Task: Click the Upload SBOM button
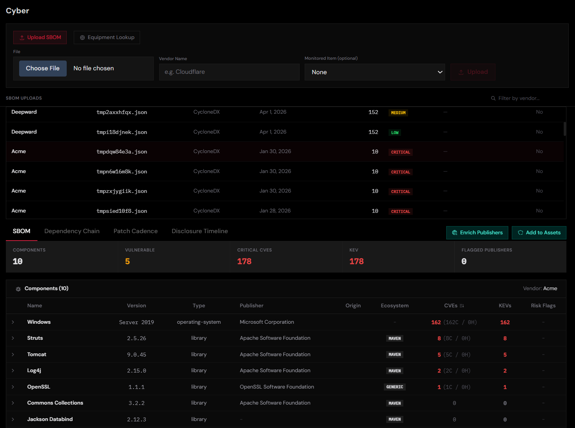(x=40, y=37)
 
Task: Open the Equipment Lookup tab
(x=107, y=37)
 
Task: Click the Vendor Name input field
(x=229, y=72)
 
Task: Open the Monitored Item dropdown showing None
(x=374, y=72)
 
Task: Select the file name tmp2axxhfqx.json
(x=122, y=112)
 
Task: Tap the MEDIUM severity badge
(x=398, y=113)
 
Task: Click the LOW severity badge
(x=395, y=133)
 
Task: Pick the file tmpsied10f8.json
(x=122, y=211)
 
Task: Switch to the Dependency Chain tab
(x=72, y=231)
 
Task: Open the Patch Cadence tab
(x=135, y=231)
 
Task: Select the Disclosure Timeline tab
(x=200, y=231)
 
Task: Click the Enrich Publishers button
(x=477, y=233)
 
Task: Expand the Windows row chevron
(x=13, y=322)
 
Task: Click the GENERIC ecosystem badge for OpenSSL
(x=394, y=387)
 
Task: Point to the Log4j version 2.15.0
(x=137, y=371)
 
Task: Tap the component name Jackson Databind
(x=50, y=419)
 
